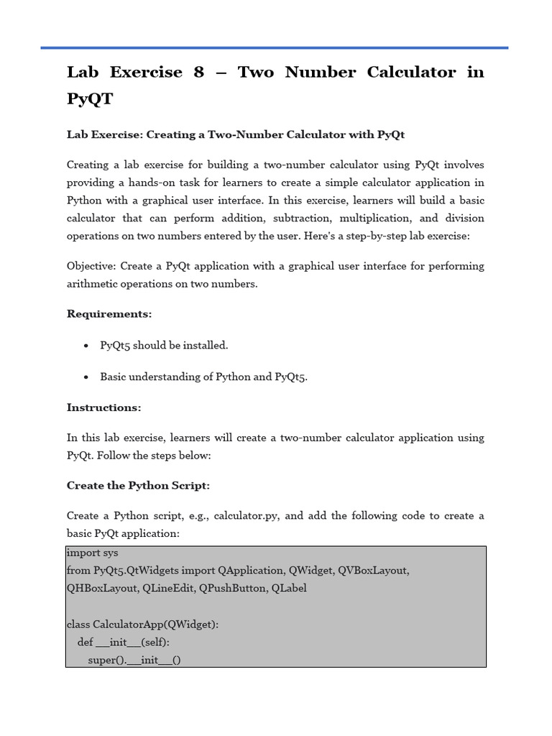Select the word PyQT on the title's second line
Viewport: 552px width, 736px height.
90,99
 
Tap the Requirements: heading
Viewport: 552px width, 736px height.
109,314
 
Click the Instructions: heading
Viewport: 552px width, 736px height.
103,408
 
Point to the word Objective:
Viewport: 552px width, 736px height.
91,266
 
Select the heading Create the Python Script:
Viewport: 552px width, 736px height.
138,486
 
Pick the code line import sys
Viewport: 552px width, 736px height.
92,553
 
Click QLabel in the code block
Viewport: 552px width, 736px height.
290,589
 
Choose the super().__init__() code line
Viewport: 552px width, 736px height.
134,659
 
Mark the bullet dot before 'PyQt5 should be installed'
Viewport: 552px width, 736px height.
86,346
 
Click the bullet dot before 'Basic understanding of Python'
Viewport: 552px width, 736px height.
86,377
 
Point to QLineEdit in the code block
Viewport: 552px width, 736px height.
170,589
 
